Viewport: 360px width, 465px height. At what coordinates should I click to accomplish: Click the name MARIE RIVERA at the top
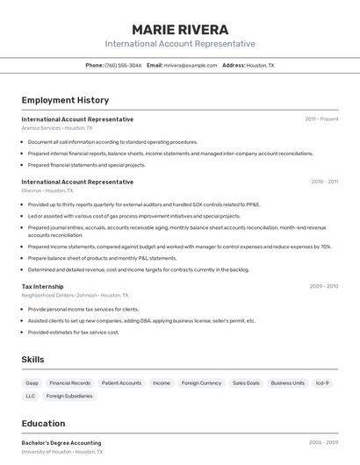[180, 29]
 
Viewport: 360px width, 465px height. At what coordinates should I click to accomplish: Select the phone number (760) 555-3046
[123, 65]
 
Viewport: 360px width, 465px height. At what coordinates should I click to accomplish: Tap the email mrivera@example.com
[191, 65]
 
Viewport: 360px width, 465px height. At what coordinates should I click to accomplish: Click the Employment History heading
[65, 100]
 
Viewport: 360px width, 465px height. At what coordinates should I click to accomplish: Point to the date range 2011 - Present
[321, 118]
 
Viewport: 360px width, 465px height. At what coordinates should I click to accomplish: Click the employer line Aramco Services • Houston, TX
[57, 128]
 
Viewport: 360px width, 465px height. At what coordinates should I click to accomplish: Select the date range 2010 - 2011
[324, 182]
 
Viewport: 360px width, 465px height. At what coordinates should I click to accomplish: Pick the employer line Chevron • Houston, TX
[47, 190]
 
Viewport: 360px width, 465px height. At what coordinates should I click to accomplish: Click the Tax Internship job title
[42, 286]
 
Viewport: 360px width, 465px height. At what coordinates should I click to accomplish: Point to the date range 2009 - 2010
[323, 286]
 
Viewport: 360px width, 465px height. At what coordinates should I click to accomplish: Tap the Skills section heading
[32, 360]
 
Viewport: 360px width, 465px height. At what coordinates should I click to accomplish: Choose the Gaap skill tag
[32, 383]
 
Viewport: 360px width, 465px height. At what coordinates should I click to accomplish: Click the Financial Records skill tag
[69, 383]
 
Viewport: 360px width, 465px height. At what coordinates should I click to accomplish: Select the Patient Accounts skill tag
[121, 383]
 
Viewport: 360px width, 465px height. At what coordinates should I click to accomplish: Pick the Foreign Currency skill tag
[201, 383]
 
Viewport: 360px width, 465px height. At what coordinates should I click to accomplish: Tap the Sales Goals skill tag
[246, 383]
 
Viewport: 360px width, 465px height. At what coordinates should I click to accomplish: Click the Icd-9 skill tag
[322, 383]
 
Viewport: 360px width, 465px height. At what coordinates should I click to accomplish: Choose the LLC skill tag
[31, 396]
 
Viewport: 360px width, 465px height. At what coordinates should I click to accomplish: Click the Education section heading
[43, 423]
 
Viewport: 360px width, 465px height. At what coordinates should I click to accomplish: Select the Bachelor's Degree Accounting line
[61, 443]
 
